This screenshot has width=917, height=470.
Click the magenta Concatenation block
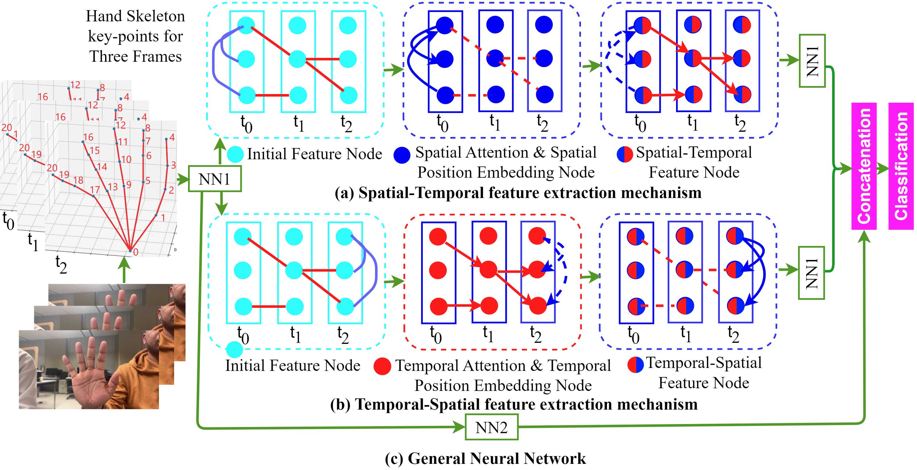click(x=864, y=166)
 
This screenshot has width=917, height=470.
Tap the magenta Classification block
click(x=901, y=166)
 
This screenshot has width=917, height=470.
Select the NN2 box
click(x=491, y=427)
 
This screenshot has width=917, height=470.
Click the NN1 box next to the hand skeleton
click(x=214, y=179)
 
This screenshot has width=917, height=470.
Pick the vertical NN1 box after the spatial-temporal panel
click(x=812, y=61)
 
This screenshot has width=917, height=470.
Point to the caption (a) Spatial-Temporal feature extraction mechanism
click(x=518, y=193)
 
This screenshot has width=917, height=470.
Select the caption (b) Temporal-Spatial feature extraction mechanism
click(x=514, y=404)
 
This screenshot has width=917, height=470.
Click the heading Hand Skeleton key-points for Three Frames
click(x=135, y=36)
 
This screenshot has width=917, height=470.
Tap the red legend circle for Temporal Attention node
click(x=383, y=366)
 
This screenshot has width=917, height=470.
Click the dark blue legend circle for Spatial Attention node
click(x=402, y=155)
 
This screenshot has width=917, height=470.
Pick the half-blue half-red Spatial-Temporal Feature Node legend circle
click(x=625, y=154)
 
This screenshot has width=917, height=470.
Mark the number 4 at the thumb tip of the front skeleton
click(x=172, y=137)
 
